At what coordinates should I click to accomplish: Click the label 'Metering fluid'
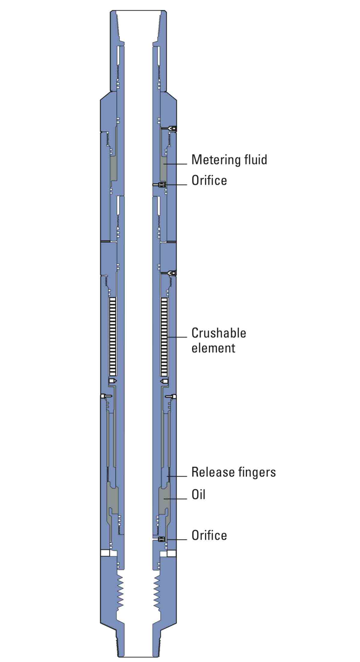pos(229,160)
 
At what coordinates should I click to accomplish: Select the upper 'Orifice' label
pos(209,180)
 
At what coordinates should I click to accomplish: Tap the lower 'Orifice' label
pos(209,535)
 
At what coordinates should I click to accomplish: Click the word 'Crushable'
pos(219,333)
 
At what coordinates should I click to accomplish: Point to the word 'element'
pos(213,348)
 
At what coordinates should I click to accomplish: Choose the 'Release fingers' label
pos(233,472)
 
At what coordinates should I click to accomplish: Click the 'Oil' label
pos(198,495)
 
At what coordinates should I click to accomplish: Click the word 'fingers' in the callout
pos(257,472)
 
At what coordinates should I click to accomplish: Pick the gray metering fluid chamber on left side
pos(113,169)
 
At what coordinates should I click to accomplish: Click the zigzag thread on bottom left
pos(120,593)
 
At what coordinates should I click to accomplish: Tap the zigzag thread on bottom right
pos(157,593)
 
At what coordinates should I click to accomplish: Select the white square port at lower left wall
pos(105,553)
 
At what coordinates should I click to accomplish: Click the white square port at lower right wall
pos(171,553)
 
